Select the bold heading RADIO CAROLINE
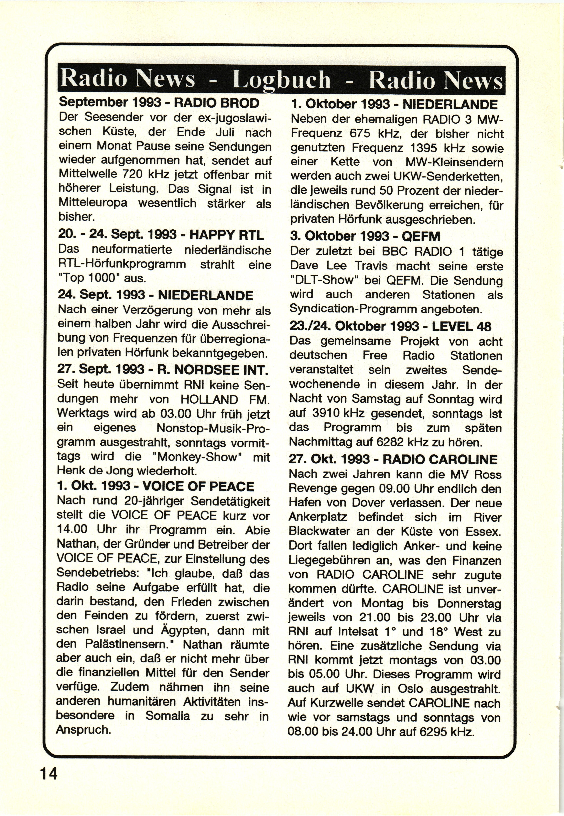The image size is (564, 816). [x=440, y=459]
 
